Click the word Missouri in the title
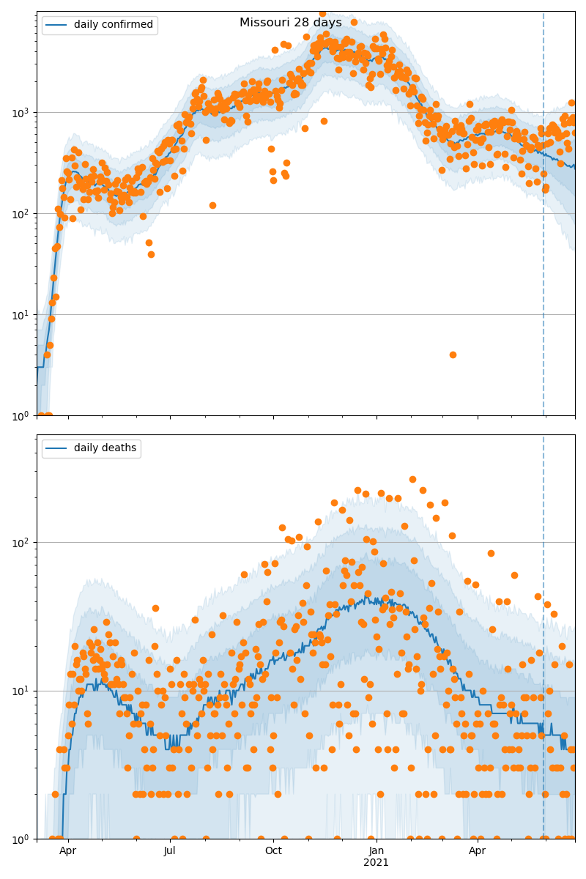(x=263, y=23)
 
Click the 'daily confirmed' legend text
(x=114, y=25)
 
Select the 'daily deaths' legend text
(x=105, y=448)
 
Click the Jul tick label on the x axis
(x=170, y=850)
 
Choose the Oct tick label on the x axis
(x=273, y=850)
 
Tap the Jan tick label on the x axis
(x=377, y=850)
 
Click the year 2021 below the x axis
(x=377, y=863)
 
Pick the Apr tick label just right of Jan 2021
(x=478, y=850)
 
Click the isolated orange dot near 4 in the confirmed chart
(x=453, y=355)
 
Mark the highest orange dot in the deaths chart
(x=412, y=479)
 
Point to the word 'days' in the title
(x=327, y=23)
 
